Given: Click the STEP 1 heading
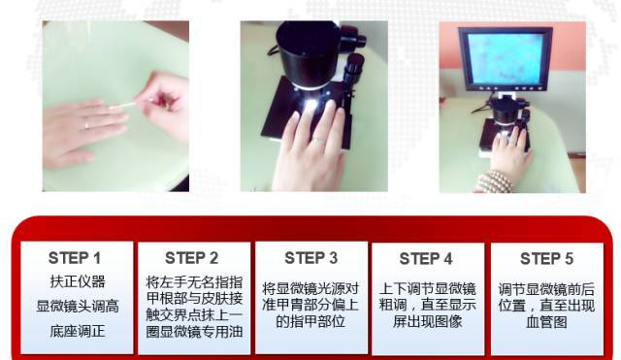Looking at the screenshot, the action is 75,258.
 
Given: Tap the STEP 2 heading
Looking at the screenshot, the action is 192,258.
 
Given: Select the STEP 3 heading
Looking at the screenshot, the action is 310,258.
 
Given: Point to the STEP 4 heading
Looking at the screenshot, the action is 426,259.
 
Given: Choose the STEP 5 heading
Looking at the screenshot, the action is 546,259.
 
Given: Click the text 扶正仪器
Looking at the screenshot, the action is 78,281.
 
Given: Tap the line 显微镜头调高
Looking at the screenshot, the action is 78,306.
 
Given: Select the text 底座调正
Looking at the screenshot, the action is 78,331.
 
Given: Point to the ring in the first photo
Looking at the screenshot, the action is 86,125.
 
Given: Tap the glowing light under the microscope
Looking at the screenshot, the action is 310,106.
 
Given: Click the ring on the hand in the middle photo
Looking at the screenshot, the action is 319,140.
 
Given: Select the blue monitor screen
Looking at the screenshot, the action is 505,58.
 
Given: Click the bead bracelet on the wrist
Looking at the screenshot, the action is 494,182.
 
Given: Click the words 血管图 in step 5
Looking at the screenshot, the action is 546,322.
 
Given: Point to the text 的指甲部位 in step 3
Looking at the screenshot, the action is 310,321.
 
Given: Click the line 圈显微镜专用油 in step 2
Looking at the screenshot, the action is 194,332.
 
